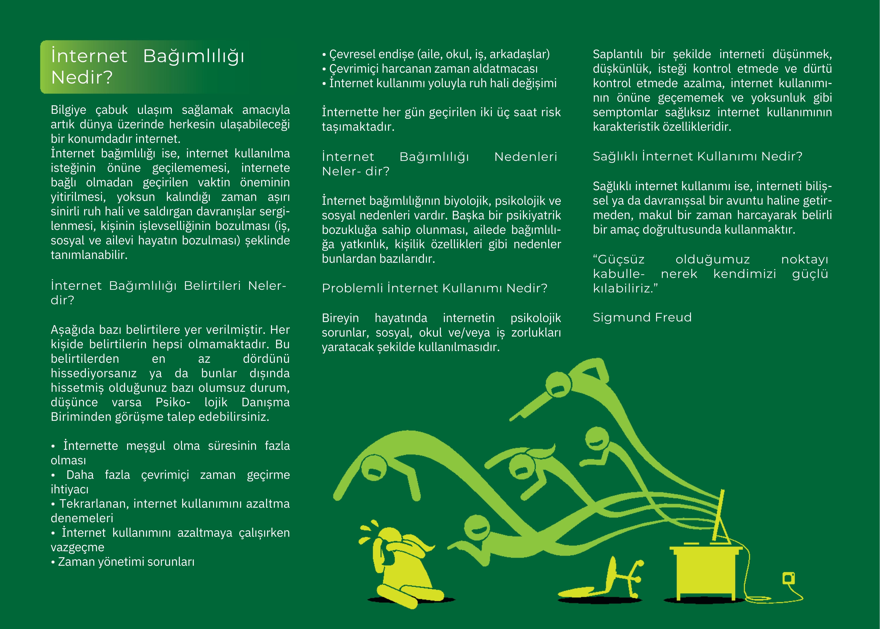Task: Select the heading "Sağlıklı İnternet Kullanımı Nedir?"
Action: [697, 157]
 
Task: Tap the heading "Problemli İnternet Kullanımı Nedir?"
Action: [434, 288]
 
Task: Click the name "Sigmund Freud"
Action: [642, 318]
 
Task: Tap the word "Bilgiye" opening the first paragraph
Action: [69, 110]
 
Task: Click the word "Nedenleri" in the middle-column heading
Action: [525, 157]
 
